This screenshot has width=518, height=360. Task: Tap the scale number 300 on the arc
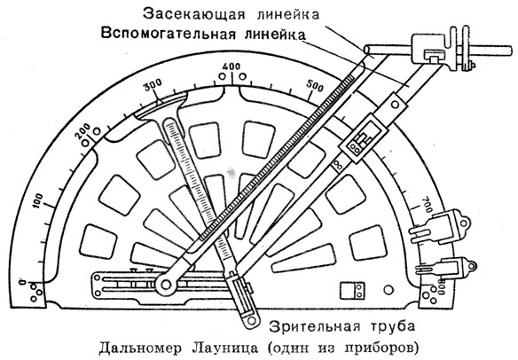point(153,85)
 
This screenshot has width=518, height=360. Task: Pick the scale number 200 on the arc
point(84,132)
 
